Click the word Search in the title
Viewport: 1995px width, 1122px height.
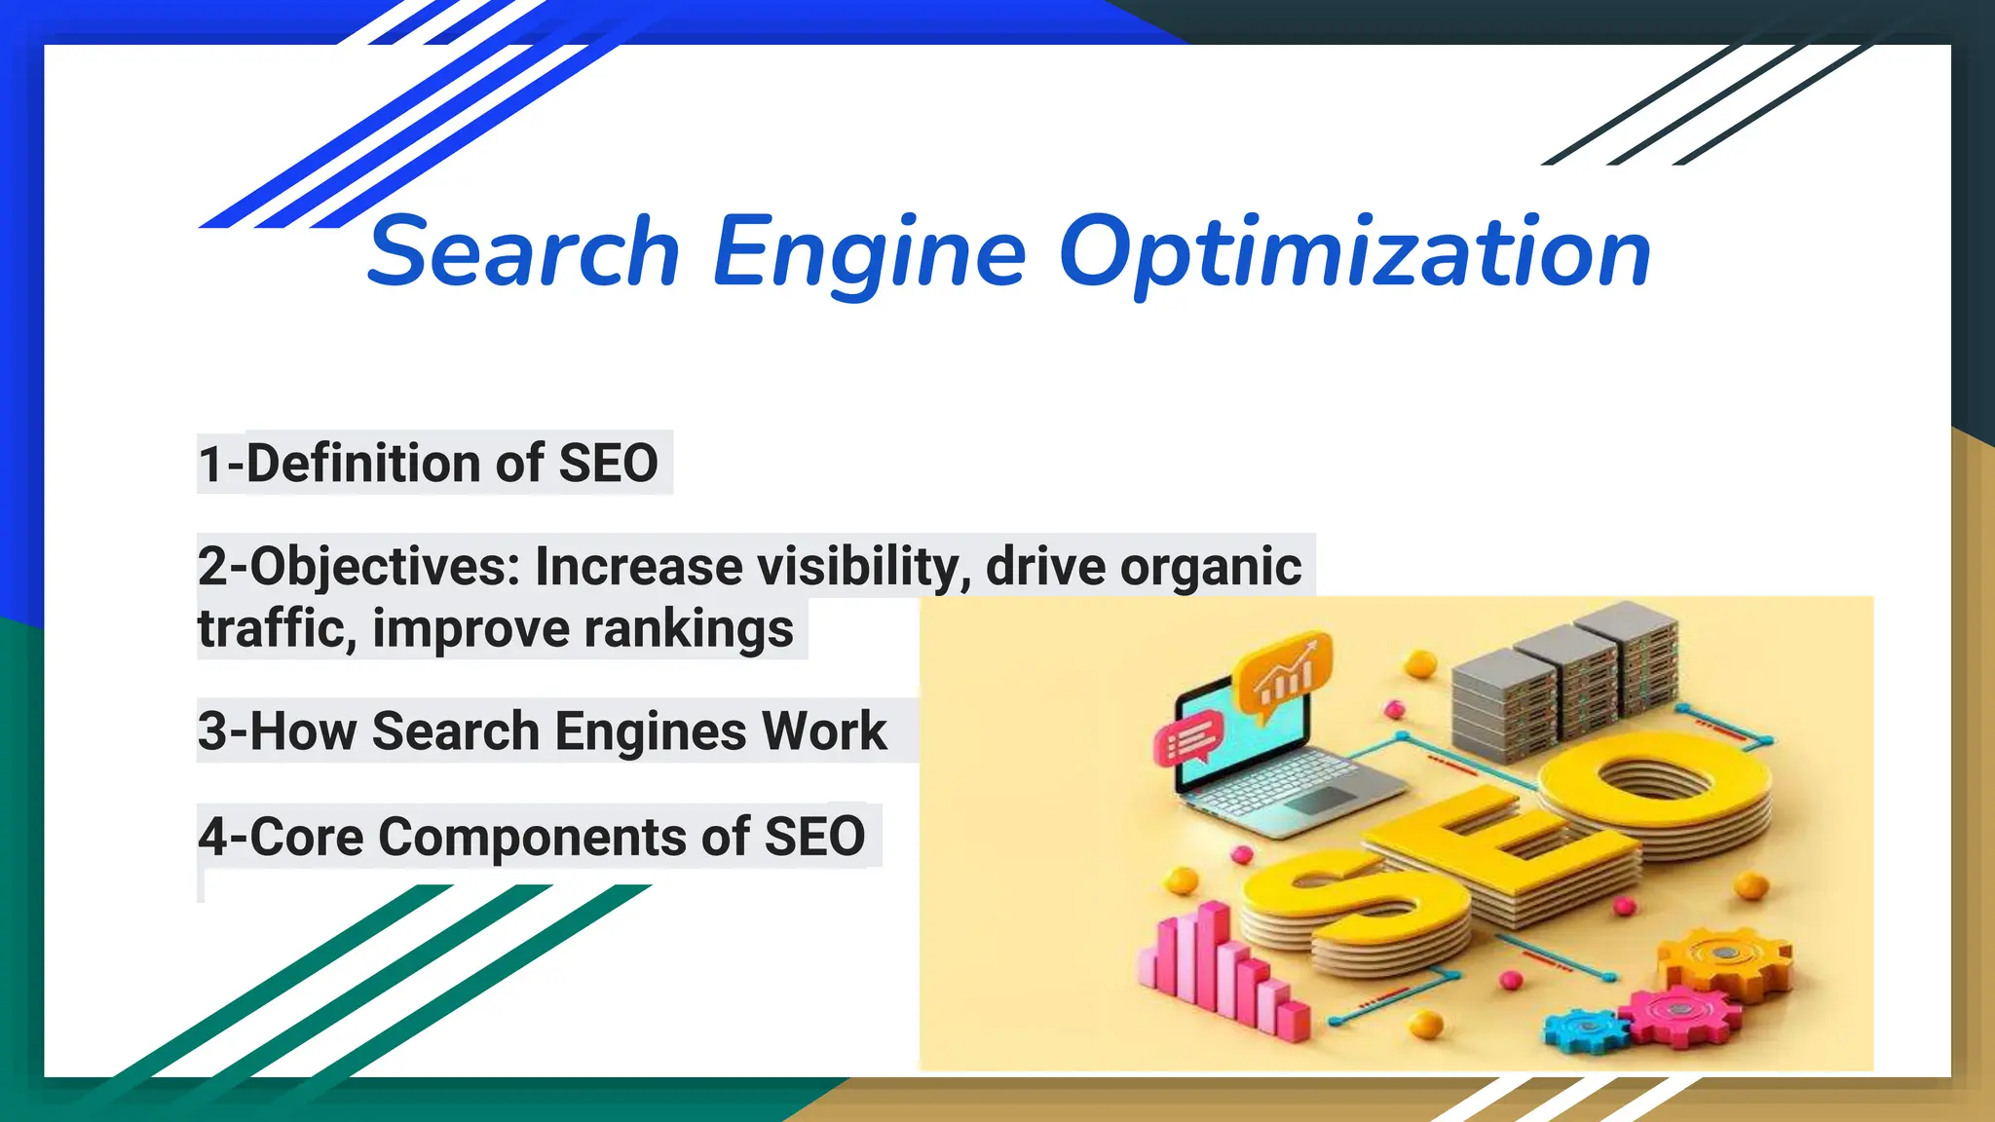523,251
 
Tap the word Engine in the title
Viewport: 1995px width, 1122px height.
870,253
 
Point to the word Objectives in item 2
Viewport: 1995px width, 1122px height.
385,567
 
